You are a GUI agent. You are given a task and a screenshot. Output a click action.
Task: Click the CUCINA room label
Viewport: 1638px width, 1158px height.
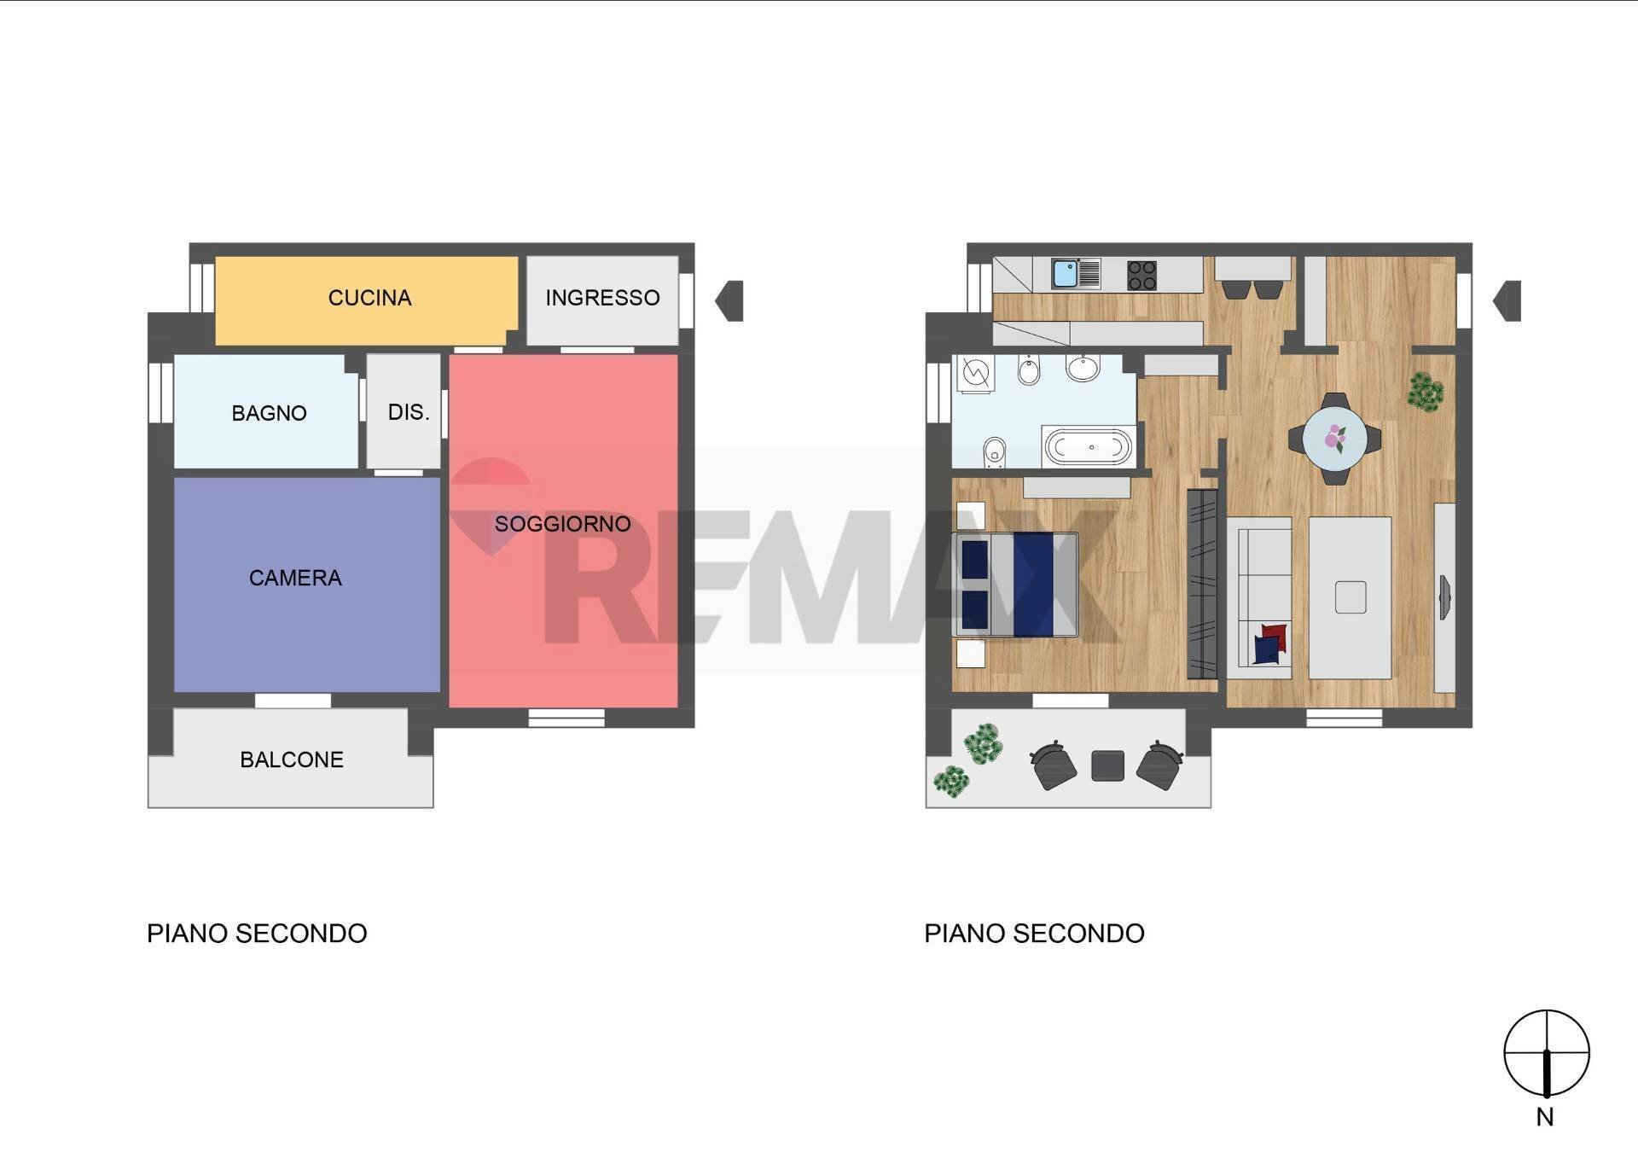tap(369, 298)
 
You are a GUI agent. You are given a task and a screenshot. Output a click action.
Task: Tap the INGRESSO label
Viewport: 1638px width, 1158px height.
tap(602, 298)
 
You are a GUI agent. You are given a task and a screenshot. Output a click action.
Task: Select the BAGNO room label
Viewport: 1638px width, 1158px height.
tap(269, 413)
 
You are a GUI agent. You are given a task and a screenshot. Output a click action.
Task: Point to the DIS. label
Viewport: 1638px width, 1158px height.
tap(408, 412)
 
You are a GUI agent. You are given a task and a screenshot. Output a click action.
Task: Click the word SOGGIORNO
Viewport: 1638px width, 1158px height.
tap(562, 524)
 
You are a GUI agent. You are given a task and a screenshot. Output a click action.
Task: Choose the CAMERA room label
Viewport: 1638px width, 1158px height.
tap(295, 578)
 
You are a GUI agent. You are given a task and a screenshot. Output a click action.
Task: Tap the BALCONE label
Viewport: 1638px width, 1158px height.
tap(291, 759)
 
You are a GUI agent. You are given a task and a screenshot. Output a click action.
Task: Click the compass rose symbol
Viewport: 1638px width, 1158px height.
tap(1546, 1053)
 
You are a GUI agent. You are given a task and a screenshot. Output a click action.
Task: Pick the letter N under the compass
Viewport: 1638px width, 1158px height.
tap(1545, 1117)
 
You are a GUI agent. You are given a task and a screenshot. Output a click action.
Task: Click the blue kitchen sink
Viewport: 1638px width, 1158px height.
tap(1065, 274)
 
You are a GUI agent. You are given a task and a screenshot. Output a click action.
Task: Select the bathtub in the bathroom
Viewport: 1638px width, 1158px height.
tap(1089, 446)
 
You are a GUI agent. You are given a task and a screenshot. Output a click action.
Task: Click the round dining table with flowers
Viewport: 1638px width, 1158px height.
tap(1334, 439)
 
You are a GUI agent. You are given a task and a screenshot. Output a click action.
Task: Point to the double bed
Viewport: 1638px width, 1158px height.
tap(1015, 585)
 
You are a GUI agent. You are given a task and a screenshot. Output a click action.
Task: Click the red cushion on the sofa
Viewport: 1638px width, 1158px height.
tap(1274, 635)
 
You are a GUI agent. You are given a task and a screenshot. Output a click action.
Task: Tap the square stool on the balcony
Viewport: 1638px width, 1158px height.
tap(1107, 765)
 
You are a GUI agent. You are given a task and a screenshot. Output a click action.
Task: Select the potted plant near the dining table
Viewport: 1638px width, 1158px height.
tap(1425, 392)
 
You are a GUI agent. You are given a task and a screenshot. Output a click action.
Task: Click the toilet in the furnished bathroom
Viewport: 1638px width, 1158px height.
tap(994, 453)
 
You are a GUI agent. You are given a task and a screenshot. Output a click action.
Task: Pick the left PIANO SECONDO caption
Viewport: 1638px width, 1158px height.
tap(257, 934)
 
